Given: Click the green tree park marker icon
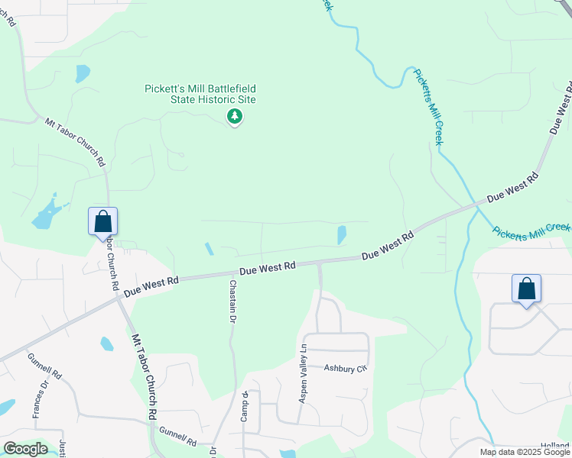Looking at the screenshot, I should click(x=235, y=117).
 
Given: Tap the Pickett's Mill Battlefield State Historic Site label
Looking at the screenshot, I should click(x=200, y=94).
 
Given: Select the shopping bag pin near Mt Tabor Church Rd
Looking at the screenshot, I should click(x=103, y=222).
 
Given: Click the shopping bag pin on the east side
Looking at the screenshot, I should click(x=526, y=289).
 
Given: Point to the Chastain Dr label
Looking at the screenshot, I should click(x=232, y=302).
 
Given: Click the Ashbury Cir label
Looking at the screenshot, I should click(x=345, y=368).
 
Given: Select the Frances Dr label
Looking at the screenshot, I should click(x=36, y=401).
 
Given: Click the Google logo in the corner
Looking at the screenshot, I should click(x=25, y=449).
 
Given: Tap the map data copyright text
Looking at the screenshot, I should click(x=524, y=452).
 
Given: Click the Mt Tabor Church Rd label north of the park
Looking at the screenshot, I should click(x=75, y=141).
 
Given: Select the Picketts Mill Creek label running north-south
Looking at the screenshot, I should click(x=429, y=106).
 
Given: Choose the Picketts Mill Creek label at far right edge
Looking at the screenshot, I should click(x=531, y=230).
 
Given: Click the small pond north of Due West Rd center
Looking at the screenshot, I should click(x=341, y=234).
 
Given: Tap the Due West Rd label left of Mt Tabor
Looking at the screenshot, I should click(x=151, y=285).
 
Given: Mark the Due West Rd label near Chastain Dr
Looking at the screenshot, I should click(x=267, y=269).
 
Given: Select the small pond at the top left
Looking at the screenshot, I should click(x=82, y=73).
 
